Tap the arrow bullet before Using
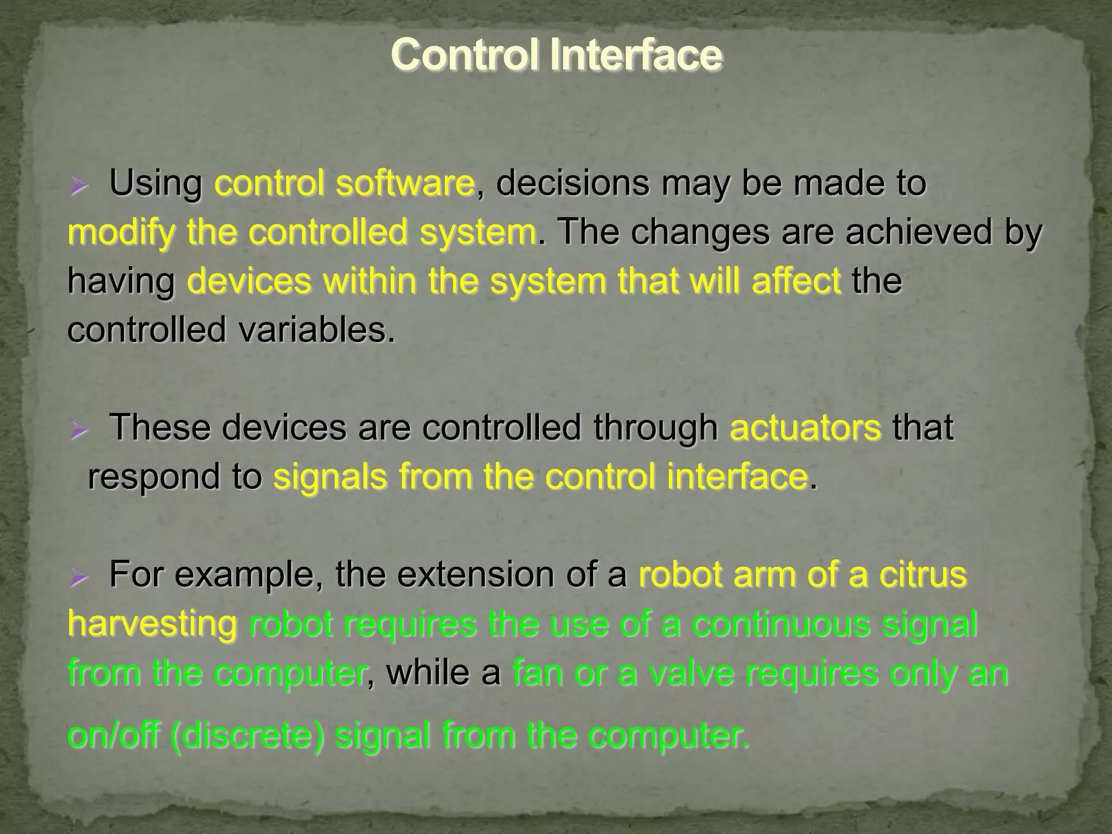pyautogui.click(x=79, y=187)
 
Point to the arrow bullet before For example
pyautogui.click(x=79, y=578)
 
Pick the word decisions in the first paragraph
pyautogui.click(x=572, y=183)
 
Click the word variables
pyautogui.click(x=316, y=330)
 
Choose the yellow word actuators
pyautogui.click(x=805, y=427)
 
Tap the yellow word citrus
pyautogui.click(x=923, y=574)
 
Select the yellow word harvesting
pyautogui.click(x=153, y=624)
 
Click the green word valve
pyautogui.click(x=690, y=673)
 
